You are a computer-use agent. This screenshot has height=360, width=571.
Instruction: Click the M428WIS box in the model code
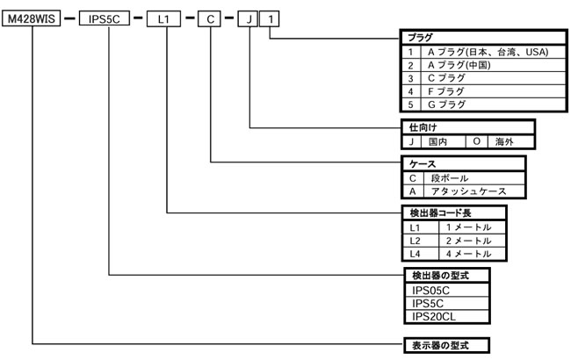[x=31, y=16]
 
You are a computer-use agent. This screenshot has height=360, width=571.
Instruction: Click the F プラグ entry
[x=448, y=90]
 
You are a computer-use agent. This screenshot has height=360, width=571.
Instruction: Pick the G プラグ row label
[x=448, y=104]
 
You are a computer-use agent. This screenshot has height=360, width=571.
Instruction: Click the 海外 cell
[x=500, y=140]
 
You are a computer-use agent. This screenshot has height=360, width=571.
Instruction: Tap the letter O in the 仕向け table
[x=476, y=140]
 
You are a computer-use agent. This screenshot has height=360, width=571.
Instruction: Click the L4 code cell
[x=416, y=253]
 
